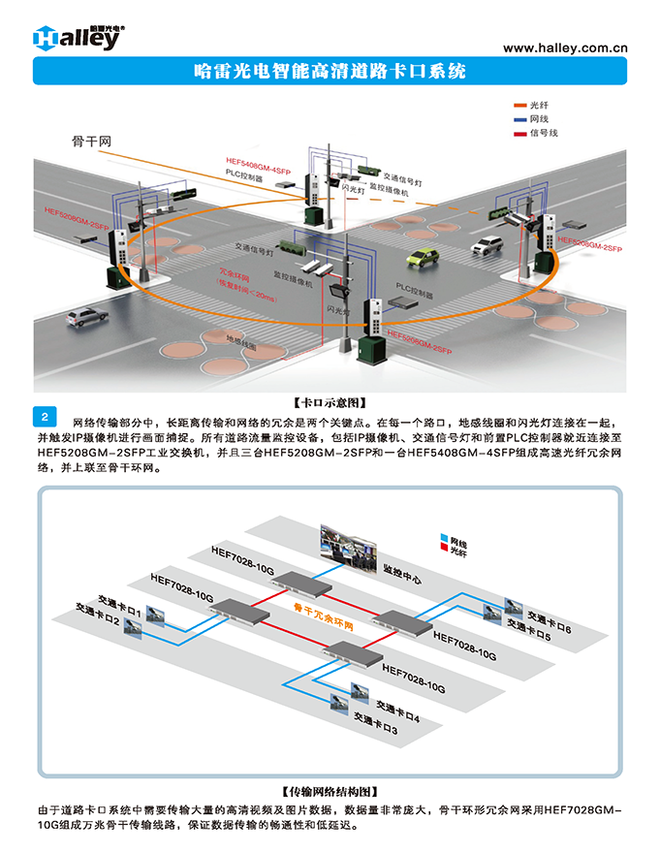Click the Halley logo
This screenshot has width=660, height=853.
tap(77, 36)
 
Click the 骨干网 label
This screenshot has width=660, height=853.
tap(92, 142)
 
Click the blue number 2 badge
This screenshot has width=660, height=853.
tap(47, 418)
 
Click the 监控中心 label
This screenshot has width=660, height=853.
tap(401, 577)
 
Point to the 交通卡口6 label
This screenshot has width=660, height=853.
tap(549, 616)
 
